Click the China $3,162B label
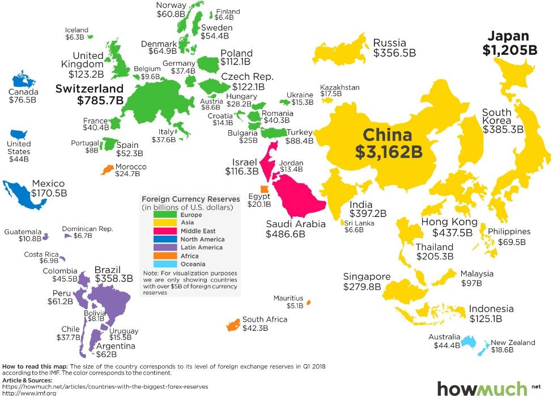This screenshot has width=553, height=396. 388,144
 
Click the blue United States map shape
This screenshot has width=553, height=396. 20,134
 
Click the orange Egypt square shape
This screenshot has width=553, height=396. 264,189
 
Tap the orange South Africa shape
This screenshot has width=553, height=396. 231,325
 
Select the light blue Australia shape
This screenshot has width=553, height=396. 469,341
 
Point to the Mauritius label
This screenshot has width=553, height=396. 288,298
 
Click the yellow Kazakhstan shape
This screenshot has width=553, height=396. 327,100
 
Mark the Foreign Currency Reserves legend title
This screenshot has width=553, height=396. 187,199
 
